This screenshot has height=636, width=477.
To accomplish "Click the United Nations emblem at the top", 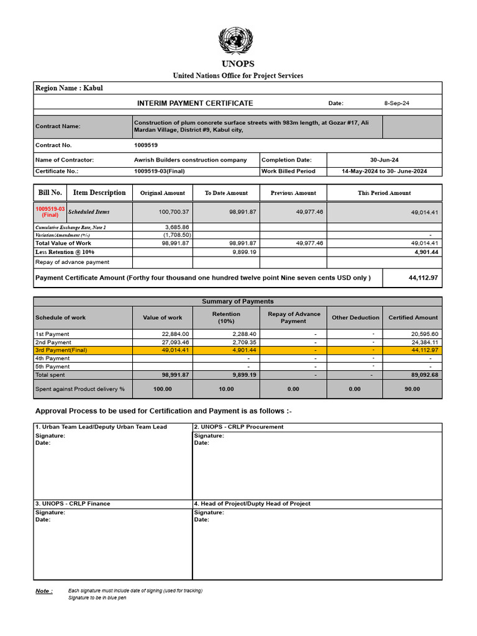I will click(x=236, y=41).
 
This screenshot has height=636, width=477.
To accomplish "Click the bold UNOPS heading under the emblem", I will click(x=237, y=64).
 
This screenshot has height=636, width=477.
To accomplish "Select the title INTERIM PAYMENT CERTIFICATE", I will click(x=195, y=103).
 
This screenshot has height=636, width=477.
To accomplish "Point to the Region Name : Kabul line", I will click(x=70, y=88).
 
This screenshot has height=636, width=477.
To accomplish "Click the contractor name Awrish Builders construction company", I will click(x=190, y=160).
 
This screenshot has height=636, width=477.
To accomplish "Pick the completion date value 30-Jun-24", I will click(x=384, y=160).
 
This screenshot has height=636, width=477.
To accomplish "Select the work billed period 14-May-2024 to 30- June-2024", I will click(x=384, y=171).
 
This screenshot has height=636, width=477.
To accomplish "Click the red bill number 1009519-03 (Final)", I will click(x=50, y=212).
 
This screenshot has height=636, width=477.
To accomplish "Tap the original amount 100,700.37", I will click(x=174, y=212).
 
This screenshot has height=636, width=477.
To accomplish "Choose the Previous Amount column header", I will click(x=293, y=193).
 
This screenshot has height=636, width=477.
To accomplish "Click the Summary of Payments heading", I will click(x=238, y=301).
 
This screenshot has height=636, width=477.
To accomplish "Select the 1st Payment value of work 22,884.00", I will click(x=175, y=334).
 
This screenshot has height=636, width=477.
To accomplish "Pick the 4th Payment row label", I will click(x=53, y=358).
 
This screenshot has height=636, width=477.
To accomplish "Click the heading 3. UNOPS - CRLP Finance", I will click(x=73, y=504).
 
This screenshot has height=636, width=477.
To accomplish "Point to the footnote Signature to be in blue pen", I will click(x=97, y=598).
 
